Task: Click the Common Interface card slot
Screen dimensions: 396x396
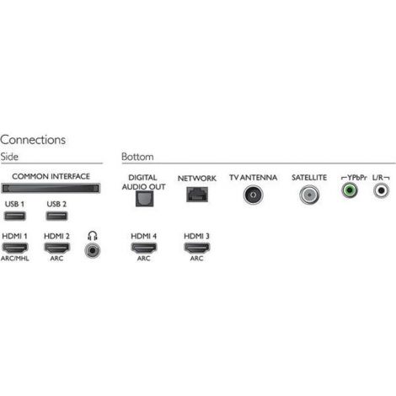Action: point(51,188)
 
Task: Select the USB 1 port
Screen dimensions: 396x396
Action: point(15,216)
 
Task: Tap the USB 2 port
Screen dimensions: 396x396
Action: point(56,216)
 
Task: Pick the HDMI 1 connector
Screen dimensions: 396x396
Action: point(15,248)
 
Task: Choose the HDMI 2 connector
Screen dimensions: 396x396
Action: point(56,248)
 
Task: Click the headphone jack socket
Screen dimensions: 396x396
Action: point(93,250)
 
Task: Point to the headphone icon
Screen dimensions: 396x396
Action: point(93,236)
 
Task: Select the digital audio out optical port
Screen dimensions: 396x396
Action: point(144,199)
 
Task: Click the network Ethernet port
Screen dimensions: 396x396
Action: point(197,195)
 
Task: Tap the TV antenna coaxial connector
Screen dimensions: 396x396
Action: point(253,195)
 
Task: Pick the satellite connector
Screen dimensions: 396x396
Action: point(309,195)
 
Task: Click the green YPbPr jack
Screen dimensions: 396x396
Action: point(350,190)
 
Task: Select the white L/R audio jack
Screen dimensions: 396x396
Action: point(381,190)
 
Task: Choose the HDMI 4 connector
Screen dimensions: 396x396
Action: point(144,248)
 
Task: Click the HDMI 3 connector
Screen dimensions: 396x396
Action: point(196,248)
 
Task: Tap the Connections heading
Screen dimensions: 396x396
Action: point(33,140)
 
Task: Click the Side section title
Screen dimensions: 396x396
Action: point(9,157)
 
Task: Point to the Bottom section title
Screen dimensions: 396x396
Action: point(137,157)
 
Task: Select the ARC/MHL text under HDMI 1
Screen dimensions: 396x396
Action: point(15,259)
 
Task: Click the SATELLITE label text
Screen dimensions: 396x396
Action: point(309,178)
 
